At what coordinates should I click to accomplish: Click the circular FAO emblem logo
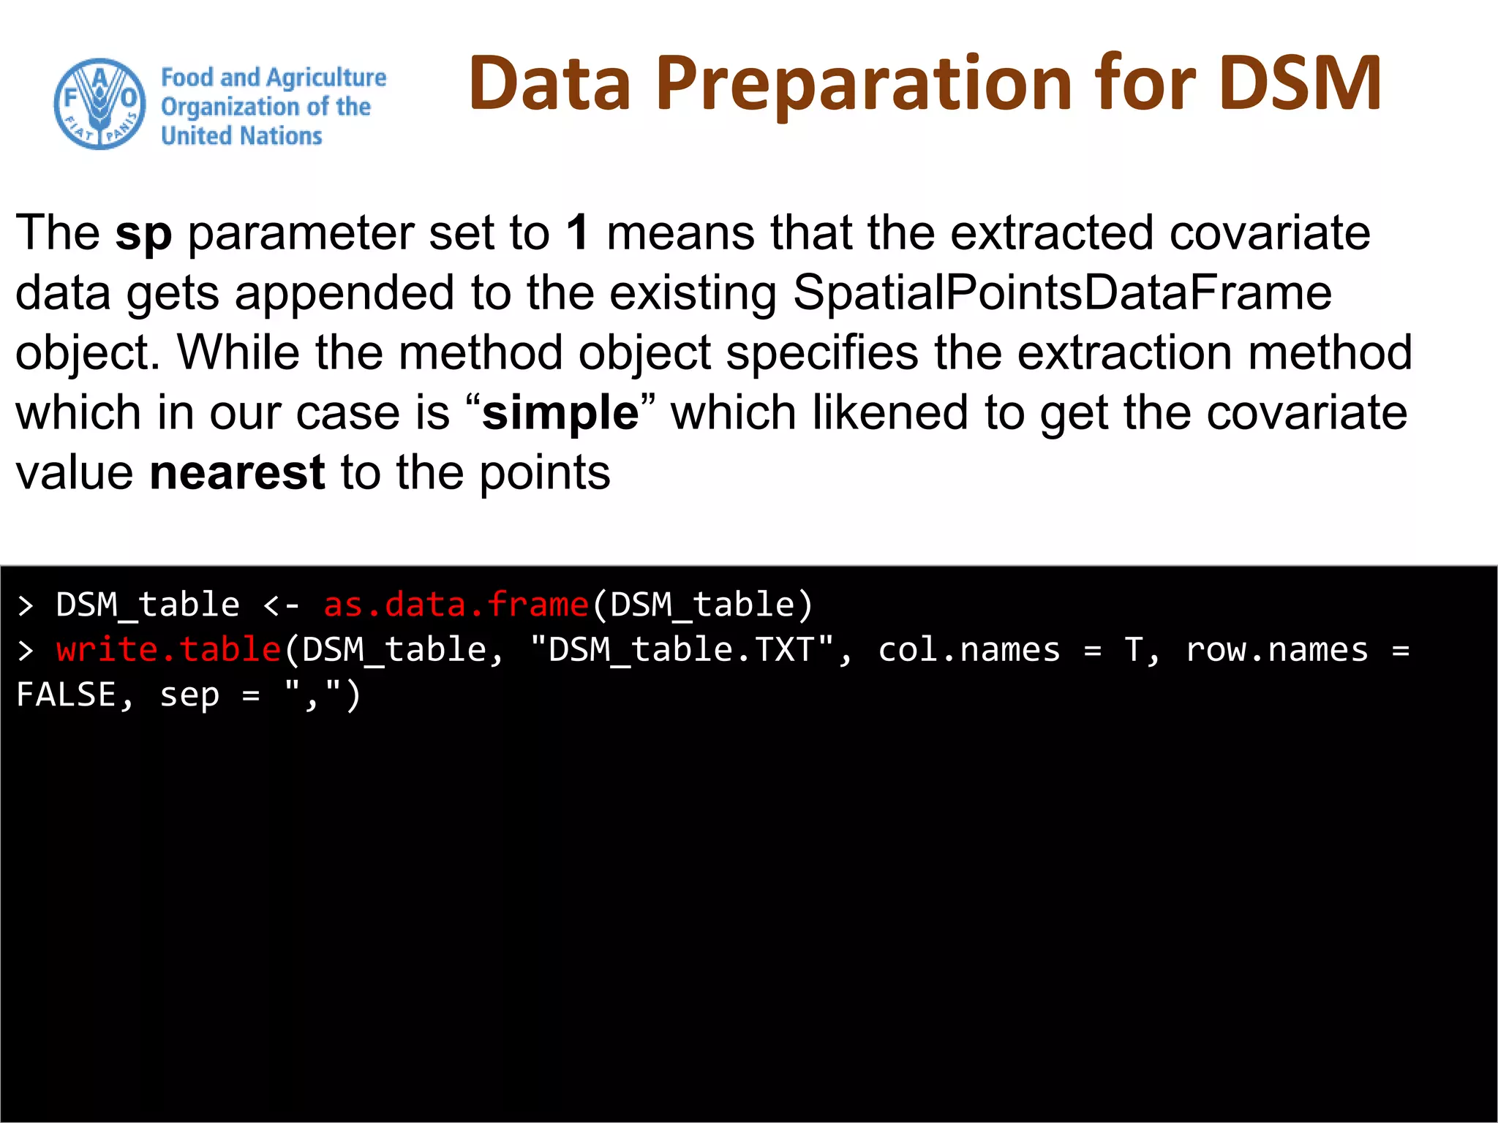[100, 105]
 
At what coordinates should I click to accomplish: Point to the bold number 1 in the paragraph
[577, 232]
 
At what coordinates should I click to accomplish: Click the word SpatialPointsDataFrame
[1062, 292]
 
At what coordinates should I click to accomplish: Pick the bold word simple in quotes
[560, 413]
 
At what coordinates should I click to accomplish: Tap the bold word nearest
[237, 473]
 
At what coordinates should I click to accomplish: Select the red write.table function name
[169, 650]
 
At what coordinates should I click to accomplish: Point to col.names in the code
[968, 650]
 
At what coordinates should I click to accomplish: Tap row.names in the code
[1276, 650]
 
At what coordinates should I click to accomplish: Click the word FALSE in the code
[66, 695]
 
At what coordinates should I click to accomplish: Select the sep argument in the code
[189, 695]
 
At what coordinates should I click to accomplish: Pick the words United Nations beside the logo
[241, 136]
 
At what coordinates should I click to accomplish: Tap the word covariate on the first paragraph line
[1270, 232]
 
